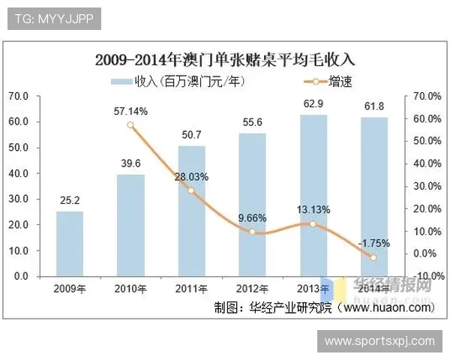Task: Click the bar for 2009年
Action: click(x=70, y=244)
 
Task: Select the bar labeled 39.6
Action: click(x=130, y=225)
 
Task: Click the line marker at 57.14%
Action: click(x=130, y=125)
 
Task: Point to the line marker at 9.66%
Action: click(x=253, y=232)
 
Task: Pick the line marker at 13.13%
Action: click(x=313, y=224)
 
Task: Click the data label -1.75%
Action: click(x=373, y=243)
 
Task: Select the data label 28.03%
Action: click(x=191, y=177)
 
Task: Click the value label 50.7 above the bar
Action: click(x=191, y=135)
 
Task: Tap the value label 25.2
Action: click(x=70, y=200)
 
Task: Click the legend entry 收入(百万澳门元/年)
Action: click(x=180, y=80)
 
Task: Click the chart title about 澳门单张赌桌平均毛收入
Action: click(x=225, y=58)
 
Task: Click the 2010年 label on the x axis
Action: click(x=130, y=288)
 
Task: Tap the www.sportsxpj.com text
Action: click(x=379, y=341)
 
